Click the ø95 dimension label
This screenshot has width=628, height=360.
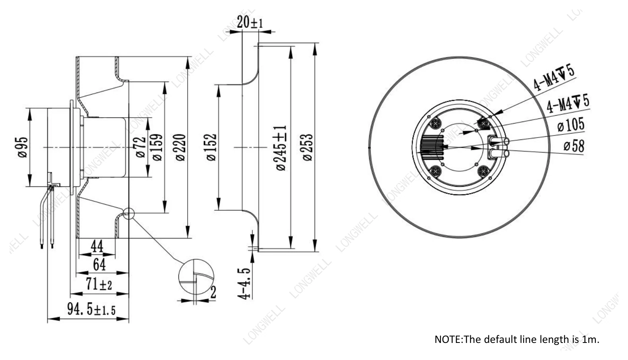(x=23, y=147)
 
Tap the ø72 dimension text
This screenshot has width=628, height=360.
(x=141, y=147)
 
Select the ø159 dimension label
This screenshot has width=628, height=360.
(x=157, y=147)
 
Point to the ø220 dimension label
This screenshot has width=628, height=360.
(x=180, y=147)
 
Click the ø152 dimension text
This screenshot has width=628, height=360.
(x=211, y=147)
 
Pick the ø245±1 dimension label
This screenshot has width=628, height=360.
(x=281, y=148)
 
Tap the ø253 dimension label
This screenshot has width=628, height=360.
(x=308, y=147)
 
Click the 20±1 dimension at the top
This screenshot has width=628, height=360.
(x=250, y=22)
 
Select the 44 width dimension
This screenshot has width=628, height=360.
(x=97, y=246)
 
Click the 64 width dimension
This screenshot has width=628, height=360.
(x=99, y=264)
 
